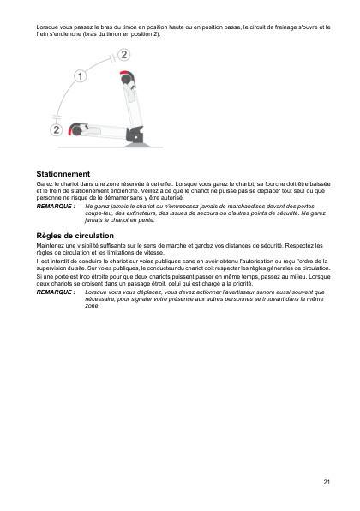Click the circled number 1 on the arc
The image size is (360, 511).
pyautogui.click(x=81, y=76)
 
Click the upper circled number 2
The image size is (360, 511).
pyautogui.click(x=125, y=55)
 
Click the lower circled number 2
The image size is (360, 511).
pyautogui.click(x=57, y=130)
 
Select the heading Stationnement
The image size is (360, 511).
pyautogui.click(x=59, y=174)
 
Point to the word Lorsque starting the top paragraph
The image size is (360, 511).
pyautogui.click(x=39, y=28)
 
